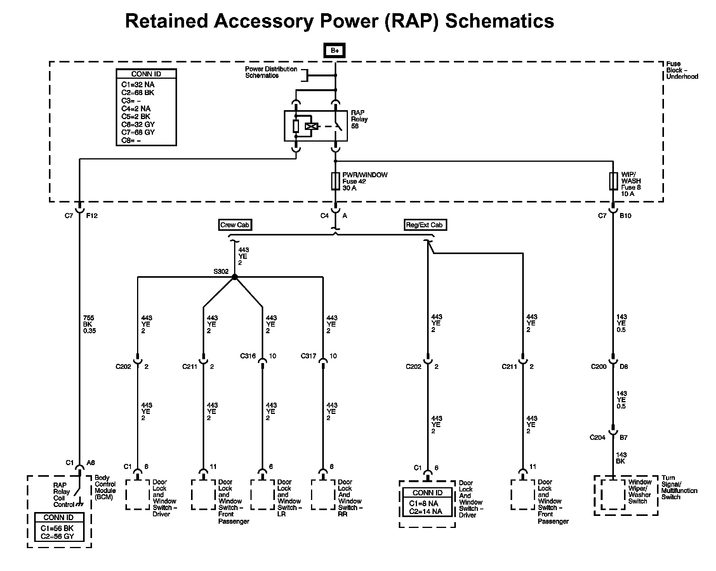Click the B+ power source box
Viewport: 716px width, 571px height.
(x=334, y=50)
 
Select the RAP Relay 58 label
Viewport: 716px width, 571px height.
(x=359, y=119)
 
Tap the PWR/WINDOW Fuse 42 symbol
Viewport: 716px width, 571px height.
(x=335, y=181)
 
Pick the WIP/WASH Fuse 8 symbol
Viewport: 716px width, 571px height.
(x=613, y=181)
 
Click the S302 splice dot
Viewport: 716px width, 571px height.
(x=235, y=277)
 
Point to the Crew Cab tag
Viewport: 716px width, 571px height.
(x=235, y=225)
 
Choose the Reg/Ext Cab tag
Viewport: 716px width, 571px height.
(x=424, y=225)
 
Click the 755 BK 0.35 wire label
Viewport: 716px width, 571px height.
(x=89, y=324)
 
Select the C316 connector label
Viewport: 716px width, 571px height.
(x=248, y=356)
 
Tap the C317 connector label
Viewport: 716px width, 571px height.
(x=309, y=356)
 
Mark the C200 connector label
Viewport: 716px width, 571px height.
(x=598, y=366)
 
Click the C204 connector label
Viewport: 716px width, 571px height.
(x=597, y=438)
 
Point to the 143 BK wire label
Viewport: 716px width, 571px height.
(x=621, y=458)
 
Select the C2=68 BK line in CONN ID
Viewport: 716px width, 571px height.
(x=138, y=93)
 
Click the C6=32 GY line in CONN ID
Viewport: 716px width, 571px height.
(x=138, y=125)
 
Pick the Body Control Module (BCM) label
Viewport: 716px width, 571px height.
(x=105, y=488)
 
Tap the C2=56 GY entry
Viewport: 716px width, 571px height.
(x=57, y=537)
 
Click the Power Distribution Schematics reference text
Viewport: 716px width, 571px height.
(x=271, y=73)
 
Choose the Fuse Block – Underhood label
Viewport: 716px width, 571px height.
(x=682, y=70)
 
